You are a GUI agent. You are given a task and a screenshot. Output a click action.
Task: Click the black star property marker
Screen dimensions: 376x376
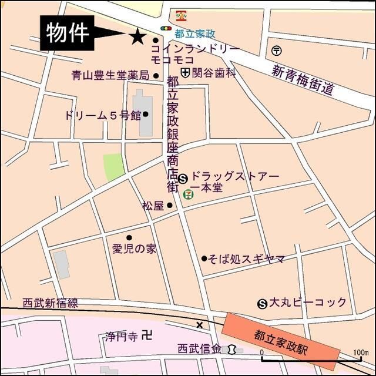coord(137,36)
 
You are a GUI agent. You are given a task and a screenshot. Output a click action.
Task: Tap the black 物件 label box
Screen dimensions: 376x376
coord(67,33)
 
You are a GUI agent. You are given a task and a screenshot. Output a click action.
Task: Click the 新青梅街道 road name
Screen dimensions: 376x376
coord(303,79)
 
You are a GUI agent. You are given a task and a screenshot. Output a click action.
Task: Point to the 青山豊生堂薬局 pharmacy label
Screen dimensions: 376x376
coord(110,75)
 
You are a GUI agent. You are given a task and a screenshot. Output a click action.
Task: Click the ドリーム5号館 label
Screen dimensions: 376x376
coord(103,115)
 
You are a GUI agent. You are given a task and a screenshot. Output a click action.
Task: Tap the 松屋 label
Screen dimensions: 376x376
coord(152,206)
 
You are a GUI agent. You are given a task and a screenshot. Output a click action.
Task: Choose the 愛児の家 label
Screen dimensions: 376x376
coord(134,249)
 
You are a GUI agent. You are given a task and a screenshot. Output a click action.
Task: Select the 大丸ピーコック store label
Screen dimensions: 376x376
coord(307,303)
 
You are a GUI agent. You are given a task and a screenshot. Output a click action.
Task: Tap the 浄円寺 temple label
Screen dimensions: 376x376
coord(121,337)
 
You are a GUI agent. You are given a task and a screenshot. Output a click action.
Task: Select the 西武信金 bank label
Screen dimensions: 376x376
coord(200,349)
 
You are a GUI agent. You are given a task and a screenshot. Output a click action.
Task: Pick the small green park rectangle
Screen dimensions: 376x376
coord(114,167)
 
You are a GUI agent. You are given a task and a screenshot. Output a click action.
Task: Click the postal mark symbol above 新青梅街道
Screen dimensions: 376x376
coord(277,50)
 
